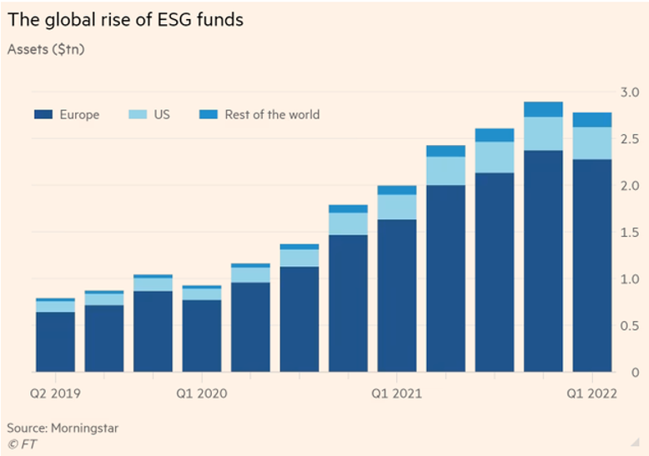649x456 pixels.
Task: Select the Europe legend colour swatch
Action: [x=43, y=114]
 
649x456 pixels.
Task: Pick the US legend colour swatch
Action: [x=138, y=114]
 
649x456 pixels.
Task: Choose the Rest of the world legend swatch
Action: [x=209, y=114]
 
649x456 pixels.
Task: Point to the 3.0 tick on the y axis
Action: [x=630, y=91]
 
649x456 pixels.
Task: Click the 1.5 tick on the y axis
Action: [x=630, y=232]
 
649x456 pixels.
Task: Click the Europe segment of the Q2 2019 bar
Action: [x=55, y=342]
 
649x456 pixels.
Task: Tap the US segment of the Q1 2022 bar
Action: [x=592, y=143]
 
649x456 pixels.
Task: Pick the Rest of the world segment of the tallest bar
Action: [x=543, y=109]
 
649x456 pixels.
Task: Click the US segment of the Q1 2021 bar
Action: [x=397, y=207]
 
